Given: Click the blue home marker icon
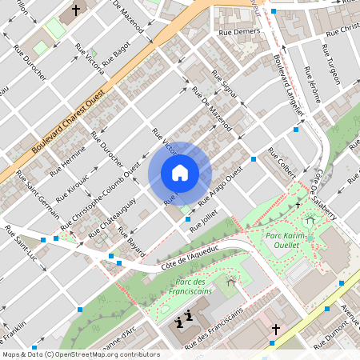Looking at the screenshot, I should (x=180, y=173).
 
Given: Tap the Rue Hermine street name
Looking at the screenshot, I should (x=67, y=164).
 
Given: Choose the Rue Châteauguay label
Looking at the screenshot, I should (x=110, y=221).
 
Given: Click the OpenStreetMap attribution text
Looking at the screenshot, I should (x=80, y=354).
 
